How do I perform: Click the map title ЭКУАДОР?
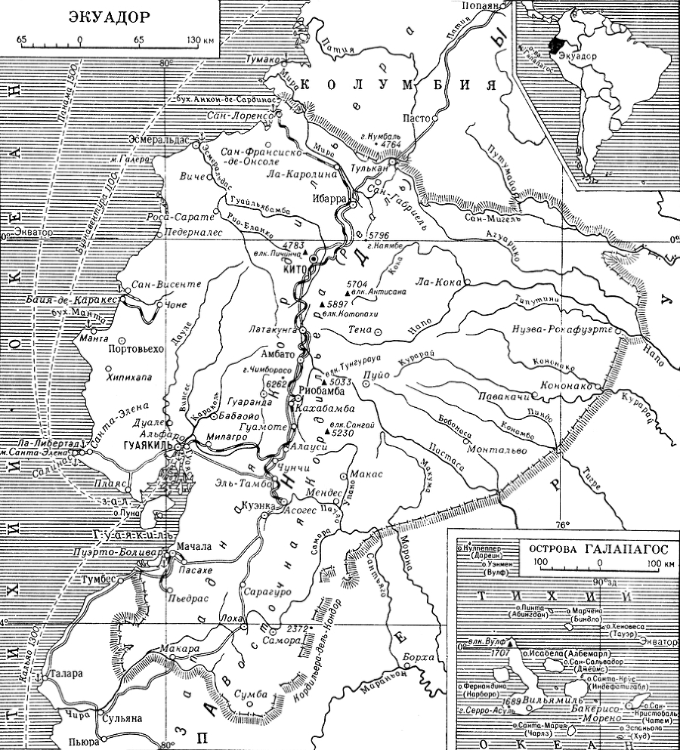pyautogui.click(x=108, y=16)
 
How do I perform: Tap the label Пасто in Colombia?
pyautogui.click(x=415, y=119)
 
